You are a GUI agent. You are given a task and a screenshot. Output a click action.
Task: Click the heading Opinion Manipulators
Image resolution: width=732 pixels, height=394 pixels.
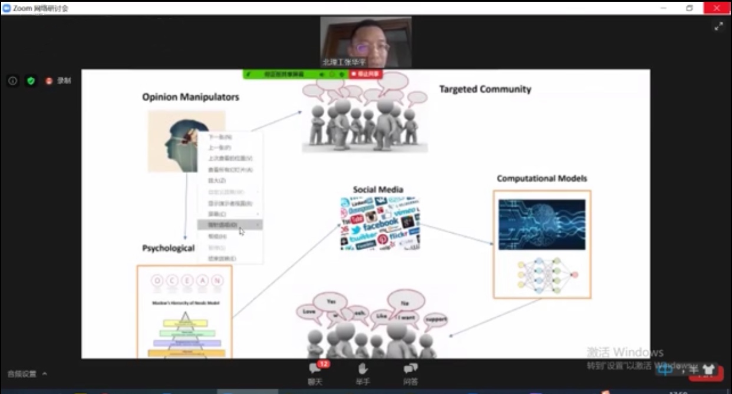[190, 97]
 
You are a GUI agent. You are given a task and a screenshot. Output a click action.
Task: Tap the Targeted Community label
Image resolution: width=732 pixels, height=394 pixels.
[485, 90]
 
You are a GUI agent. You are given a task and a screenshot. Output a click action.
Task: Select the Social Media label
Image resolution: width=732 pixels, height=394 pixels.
[378, 190]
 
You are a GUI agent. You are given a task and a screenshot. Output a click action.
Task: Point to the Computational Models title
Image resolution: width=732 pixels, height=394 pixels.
[542, 178]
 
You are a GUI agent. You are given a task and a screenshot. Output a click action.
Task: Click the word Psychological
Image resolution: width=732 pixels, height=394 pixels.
[168, 248]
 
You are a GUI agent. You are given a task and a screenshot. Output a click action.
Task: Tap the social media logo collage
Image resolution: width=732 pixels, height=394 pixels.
[380, 224]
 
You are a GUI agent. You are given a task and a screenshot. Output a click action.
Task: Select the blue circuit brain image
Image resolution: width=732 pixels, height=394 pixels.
[542, 224]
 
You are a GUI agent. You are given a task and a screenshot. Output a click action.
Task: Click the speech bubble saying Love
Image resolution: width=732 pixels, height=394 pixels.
[309, 312]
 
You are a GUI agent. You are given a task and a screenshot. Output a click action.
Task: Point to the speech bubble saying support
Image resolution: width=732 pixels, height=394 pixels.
[436, 320]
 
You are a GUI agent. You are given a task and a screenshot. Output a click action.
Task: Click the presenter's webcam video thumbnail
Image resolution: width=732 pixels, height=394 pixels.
[366, 42]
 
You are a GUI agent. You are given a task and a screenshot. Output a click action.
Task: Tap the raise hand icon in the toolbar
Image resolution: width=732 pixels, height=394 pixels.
[362, 370]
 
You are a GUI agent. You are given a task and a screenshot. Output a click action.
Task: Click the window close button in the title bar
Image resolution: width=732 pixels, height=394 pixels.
[717, 8]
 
